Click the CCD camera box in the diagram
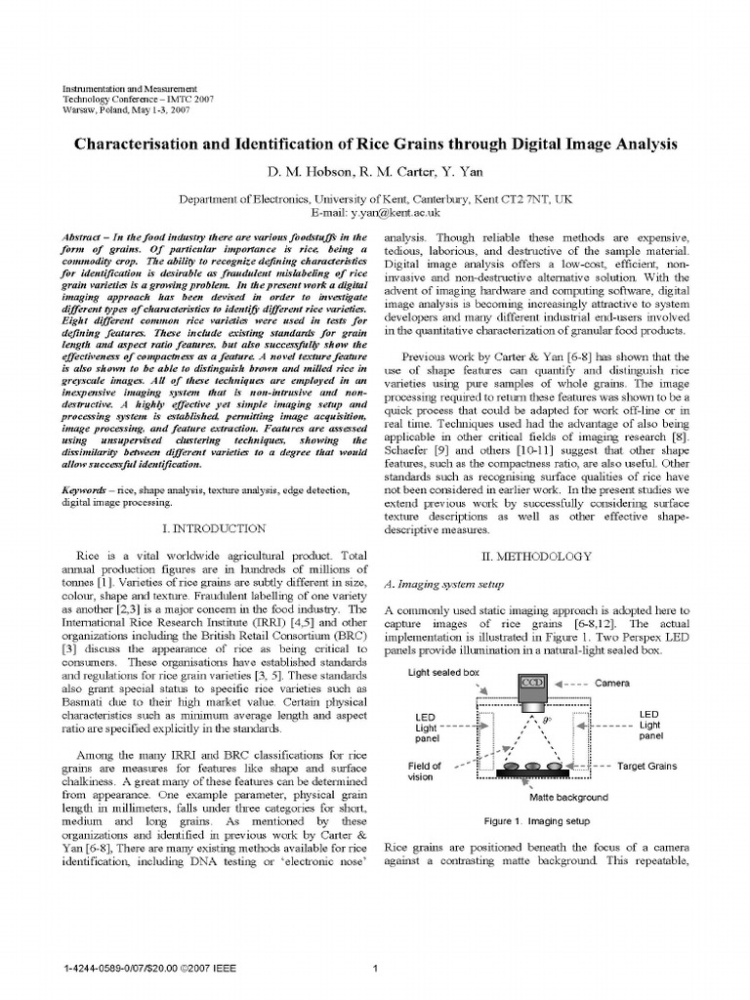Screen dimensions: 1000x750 pyautogui.click(x=532, y=682)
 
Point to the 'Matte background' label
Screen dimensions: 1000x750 pyautogui.click(x=568, y=797)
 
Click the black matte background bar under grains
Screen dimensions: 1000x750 pyautogui.click(x=533, y=774)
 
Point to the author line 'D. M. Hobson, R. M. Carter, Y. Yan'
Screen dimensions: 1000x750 pyautogui.click(x=375, y=172)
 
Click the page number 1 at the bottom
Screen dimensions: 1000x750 pyautogui.click(x=376, y=969)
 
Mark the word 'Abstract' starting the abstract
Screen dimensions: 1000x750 pyautogui.click(x=82, y=237)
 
